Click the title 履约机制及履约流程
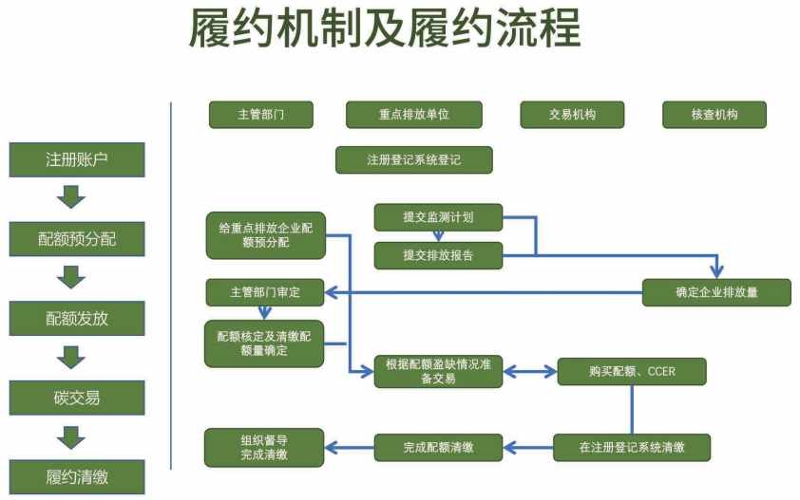click(385, 28)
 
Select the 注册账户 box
click(77, 160)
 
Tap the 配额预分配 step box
click(77, 239)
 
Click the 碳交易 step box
click(77, 398)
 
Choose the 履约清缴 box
click(77, 477)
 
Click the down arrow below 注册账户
click(71, 197)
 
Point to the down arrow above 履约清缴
click(71, 437)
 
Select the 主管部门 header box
click(261, 115)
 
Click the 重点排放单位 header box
click(413, 115)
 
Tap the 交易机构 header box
click(572, 115)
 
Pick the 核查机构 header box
click(714, 115)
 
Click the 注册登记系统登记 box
click(413, 160)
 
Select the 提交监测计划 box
click(438, 217)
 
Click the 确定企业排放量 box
click(716, 292)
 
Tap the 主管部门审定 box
click(265, 292)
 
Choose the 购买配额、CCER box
click(632, 372)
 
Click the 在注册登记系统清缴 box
click(632, 448)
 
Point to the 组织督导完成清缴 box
click(264, 448)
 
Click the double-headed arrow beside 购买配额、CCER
click(530, 372)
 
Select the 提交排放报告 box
click(438, 255)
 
